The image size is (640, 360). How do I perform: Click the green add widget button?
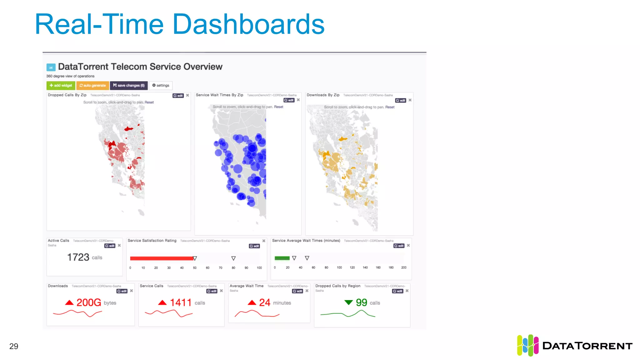61,85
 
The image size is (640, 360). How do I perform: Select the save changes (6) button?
129,85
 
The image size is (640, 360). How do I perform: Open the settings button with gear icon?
161,85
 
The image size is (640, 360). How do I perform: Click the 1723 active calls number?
78,257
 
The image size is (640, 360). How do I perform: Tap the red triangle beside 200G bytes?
69,302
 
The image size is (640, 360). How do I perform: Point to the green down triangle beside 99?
348,302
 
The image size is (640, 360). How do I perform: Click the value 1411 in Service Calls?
180,302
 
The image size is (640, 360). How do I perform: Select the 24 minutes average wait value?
265,302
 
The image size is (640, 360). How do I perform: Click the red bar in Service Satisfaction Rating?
161,258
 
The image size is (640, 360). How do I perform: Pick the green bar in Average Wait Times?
282,258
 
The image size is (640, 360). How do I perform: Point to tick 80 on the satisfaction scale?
233,268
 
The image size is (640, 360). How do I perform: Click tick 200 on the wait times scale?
404,267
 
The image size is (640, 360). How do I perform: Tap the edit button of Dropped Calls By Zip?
178,96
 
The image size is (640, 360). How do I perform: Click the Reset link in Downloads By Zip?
390,107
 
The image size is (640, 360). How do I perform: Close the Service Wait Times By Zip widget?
298,100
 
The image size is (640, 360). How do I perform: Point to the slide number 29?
14,346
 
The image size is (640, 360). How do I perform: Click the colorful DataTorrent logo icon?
527,345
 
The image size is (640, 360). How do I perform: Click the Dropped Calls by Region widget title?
337,286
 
